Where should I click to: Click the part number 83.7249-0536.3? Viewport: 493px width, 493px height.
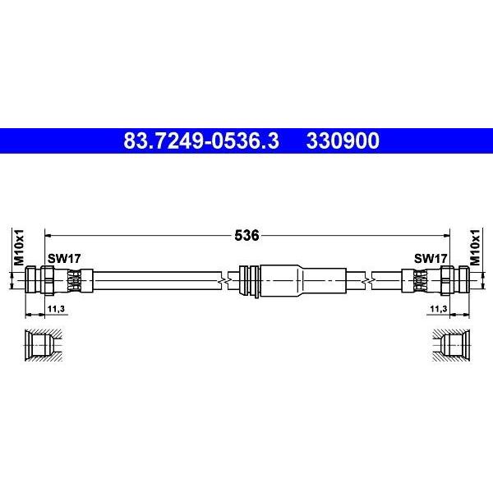coord(201,141)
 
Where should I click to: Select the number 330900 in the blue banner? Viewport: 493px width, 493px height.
coord(343,141)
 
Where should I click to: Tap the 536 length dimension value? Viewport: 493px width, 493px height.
coord(246,235)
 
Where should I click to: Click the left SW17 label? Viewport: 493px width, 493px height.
coord(64,259)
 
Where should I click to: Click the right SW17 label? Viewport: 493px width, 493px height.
coord(431,259)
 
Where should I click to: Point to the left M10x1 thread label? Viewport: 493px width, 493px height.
coord(19,247)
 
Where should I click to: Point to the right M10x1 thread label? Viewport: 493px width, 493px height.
coord(475,247)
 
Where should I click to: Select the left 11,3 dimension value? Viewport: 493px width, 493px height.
coord(56,309)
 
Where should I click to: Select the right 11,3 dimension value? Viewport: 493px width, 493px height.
coord(439,309)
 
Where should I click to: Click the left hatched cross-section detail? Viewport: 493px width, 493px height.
coord(44,345)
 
